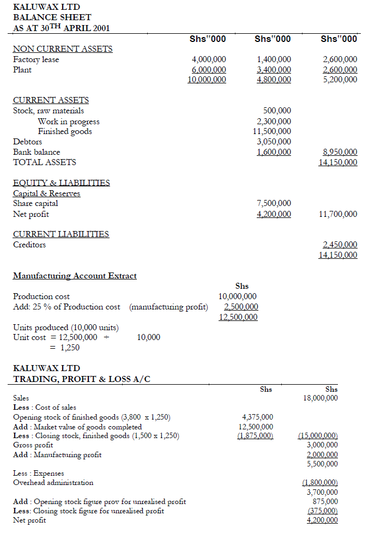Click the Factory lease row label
[36, 59]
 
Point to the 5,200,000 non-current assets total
[340, 80]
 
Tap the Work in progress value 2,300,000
[274, 122]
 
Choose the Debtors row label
[27, 142]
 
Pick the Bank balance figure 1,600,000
[274, 152]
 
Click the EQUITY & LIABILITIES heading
[61, 183]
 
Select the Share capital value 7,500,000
[274, 203]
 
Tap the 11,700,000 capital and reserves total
[338, 214]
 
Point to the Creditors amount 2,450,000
[340, 245]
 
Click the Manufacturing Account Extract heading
[75, 276]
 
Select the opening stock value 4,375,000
[256, 417]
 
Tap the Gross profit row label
[33, 445]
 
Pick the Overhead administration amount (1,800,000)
[320, 482]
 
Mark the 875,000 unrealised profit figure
[325, 501]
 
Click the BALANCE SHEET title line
[52, 17]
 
